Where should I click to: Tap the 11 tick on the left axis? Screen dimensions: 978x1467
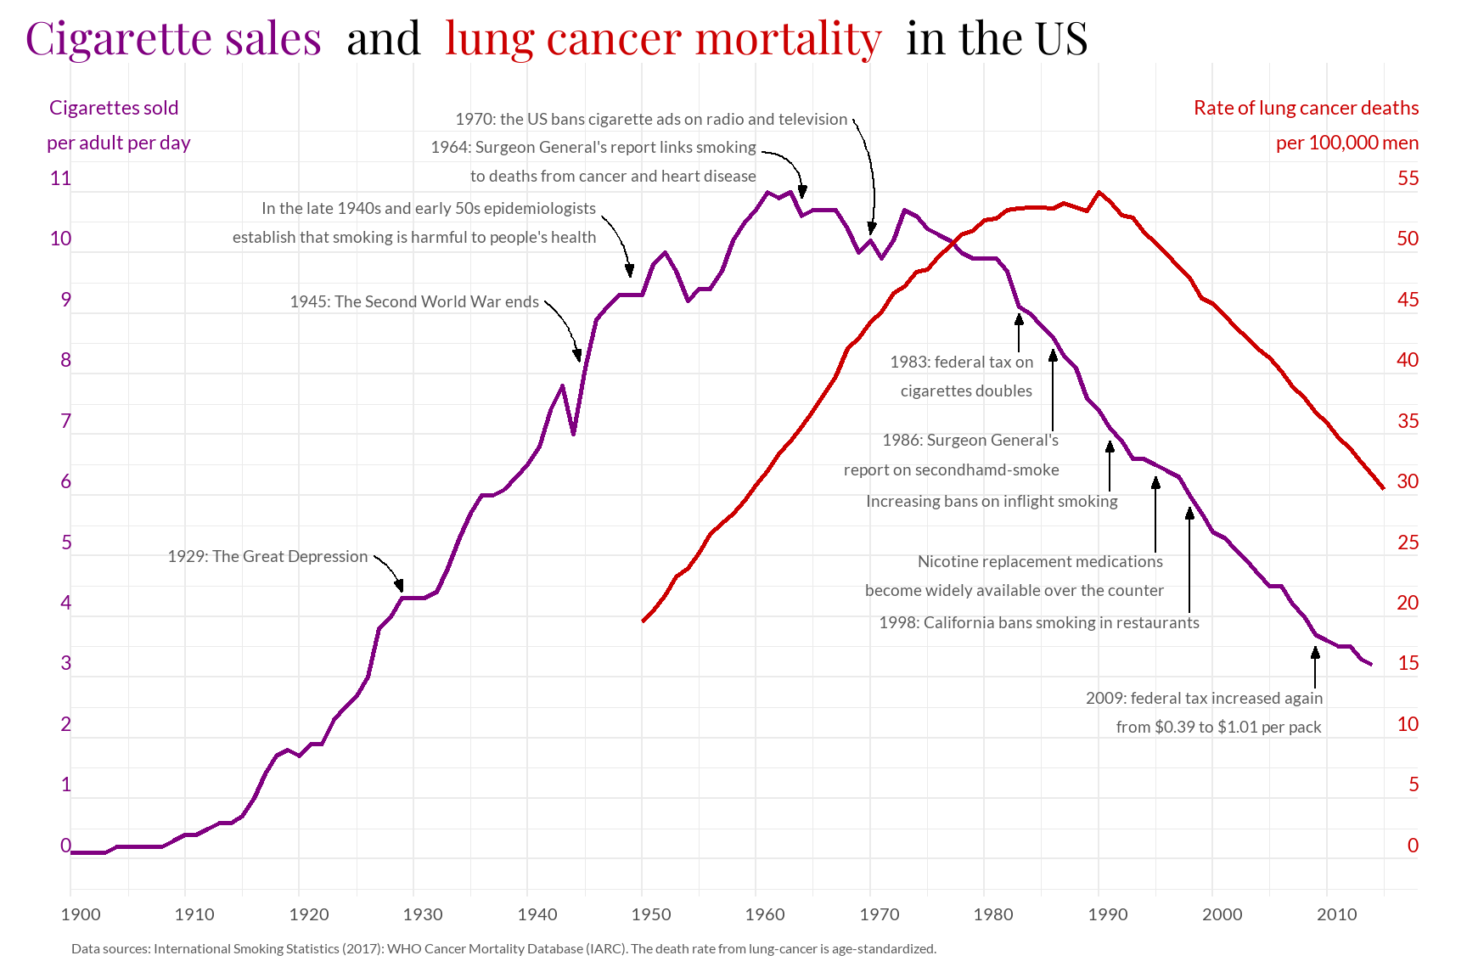click(x=60, y=178)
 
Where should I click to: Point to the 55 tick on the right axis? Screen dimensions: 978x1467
click(x=1408, y=178)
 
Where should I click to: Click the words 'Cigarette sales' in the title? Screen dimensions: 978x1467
click(x=173, y=39)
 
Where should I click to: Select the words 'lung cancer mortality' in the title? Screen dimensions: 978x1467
click(x=663, y=39)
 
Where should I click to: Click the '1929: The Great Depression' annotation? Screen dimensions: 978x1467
click(x=267, y=557)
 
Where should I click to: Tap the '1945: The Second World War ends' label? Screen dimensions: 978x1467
click(x=414, y=302)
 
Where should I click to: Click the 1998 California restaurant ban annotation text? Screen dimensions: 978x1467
click(x=1039, y=623)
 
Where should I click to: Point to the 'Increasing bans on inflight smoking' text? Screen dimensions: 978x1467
click(x=992, y=502)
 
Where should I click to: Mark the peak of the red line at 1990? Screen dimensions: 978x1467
click(x=1099, y=192)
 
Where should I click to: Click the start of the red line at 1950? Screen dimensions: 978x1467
click(x=644, y=621)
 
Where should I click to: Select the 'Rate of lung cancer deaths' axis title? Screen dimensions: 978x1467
click(x=1306, y=109)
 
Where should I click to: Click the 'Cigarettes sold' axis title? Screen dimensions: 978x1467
click(x=114, y=109)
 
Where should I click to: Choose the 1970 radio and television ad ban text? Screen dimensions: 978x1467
click(x=651, y=120)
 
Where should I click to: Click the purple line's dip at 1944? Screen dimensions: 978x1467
click(x=574, y=434)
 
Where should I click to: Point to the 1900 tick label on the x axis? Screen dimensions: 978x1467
click(x=81, y=914)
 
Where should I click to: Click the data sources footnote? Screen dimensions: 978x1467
click(x=503, y=949)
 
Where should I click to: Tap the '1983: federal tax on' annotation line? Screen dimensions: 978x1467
click(x=962, y=363)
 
